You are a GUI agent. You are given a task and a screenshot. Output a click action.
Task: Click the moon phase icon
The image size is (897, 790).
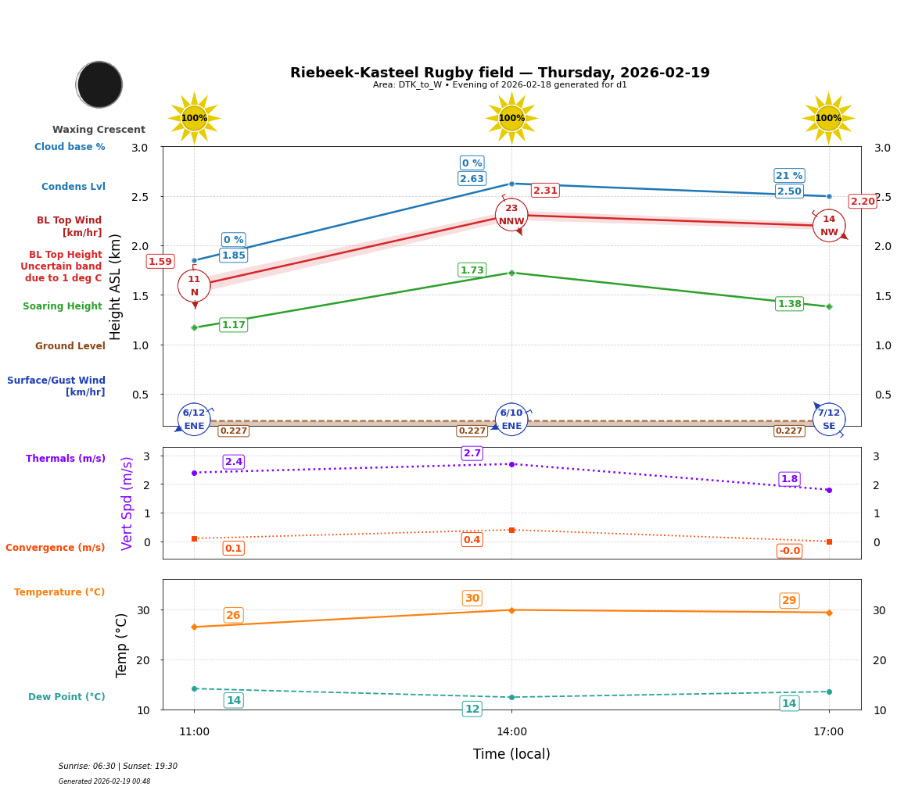pyautogui.click(x=99, y=84)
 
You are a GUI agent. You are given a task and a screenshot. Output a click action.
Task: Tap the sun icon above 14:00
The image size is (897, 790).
pyautogui.click(x=511, y=118)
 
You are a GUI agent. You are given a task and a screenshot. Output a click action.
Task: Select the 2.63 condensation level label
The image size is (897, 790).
pyautogui.click(x=472, y=179)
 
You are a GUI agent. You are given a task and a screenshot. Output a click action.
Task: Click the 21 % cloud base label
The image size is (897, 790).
pyautogui.click(x=789, y=176)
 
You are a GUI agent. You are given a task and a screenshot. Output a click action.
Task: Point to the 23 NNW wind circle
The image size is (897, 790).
pyautogui.click(x=511, y=215)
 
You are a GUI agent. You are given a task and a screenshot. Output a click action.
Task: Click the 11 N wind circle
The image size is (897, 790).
pyautogui.click(x=194, y=286)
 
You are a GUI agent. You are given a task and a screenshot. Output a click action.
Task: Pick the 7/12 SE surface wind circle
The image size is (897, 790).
pyautogui.click(x=828, y=419)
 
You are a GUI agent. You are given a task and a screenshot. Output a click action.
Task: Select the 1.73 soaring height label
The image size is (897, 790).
pyautogui.click(x=472, y=270)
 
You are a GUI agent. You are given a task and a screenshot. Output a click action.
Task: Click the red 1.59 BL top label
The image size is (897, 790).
pyautogui.click(x=160, y=262)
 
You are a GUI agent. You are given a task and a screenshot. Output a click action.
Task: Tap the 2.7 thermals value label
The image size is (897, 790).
pyautogui.click(x=472, y=453)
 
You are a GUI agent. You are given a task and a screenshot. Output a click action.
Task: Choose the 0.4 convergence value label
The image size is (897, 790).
pyautogui.click(x=472, y=540)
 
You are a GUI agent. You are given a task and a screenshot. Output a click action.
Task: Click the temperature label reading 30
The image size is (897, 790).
pyautogui.click(x=472, y=599)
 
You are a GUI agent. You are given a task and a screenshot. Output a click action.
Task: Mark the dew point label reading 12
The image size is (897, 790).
pyautogui.click(x=472, y=710)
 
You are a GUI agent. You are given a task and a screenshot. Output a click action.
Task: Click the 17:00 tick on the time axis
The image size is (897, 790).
pyautogui.click(x=828, y=732)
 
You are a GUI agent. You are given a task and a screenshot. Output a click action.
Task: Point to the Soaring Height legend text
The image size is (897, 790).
pyautogui.click(x=63, y=307)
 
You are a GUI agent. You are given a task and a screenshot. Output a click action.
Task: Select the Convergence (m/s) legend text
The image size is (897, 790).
pyautogui.click(x=56, y=548)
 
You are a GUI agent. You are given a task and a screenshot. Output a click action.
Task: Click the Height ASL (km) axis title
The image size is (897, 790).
pyautogui.click(x=116, y=287)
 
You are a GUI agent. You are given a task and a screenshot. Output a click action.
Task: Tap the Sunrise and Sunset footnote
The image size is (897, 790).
pyautogui.click(x=118, y=767)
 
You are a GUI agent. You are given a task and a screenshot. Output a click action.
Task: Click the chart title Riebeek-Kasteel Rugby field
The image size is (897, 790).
pyautogui.click(x=500, y=73)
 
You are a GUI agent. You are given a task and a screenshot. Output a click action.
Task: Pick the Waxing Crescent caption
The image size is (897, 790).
pyautogui.click(x=99, y=130)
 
